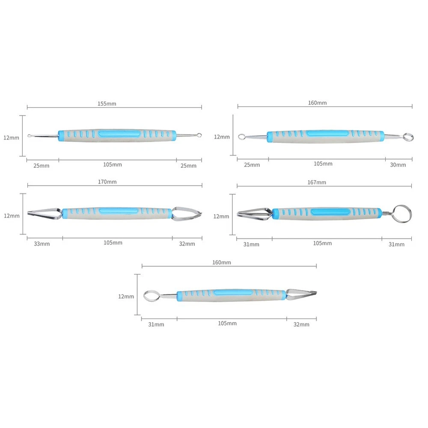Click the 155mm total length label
pos(107,104)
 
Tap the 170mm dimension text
pos(107,182)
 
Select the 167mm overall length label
pos(317,182)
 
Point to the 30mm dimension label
pos(398,165)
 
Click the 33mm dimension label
pos(42,244)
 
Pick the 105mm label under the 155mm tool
pos(113,165)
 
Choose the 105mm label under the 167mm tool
pos(322,243)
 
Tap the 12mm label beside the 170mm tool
pos(12,216)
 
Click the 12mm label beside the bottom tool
pos(126,297)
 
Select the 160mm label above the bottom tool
pos(222,263)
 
